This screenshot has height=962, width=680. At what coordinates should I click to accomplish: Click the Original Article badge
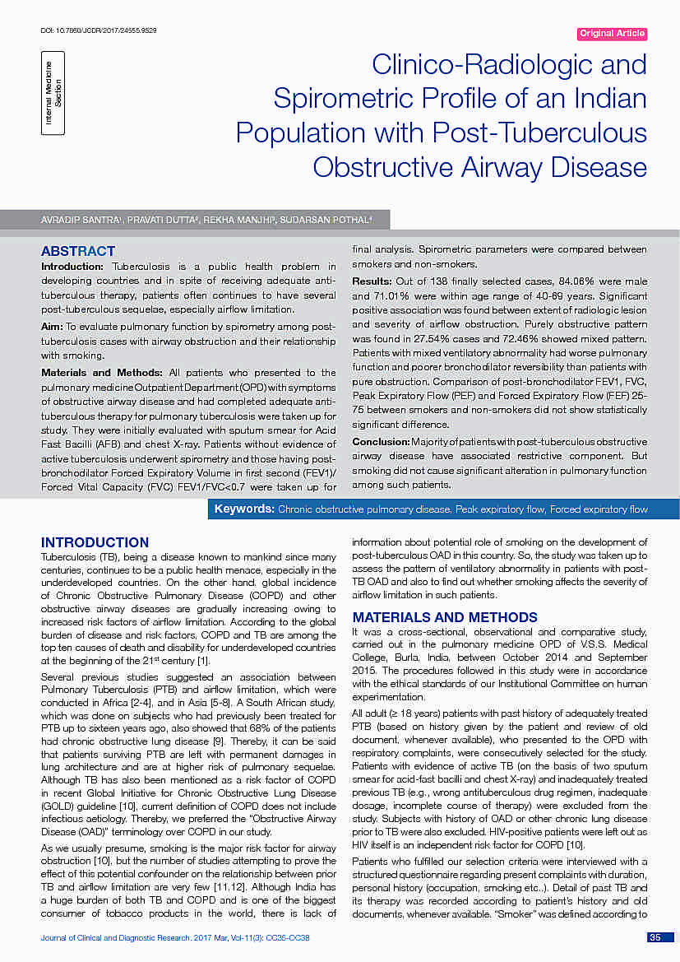click(613, 34)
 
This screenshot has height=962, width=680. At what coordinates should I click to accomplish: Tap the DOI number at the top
click(98, 30)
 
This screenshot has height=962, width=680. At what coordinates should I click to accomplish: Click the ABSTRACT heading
click(78, 251)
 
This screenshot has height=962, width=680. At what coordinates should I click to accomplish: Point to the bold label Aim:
click(52, 328)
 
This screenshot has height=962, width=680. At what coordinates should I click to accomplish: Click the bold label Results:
click(372, 281)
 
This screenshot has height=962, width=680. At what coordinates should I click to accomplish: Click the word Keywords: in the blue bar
click(244, 509)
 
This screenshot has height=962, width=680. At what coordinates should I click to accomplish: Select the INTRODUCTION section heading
click(95, 542)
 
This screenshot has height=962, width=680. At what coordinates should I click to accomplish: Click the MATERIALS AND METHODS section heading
click(445, 617)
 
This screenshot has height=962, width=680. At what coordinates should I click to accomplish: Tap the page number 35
click(655, 937)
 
